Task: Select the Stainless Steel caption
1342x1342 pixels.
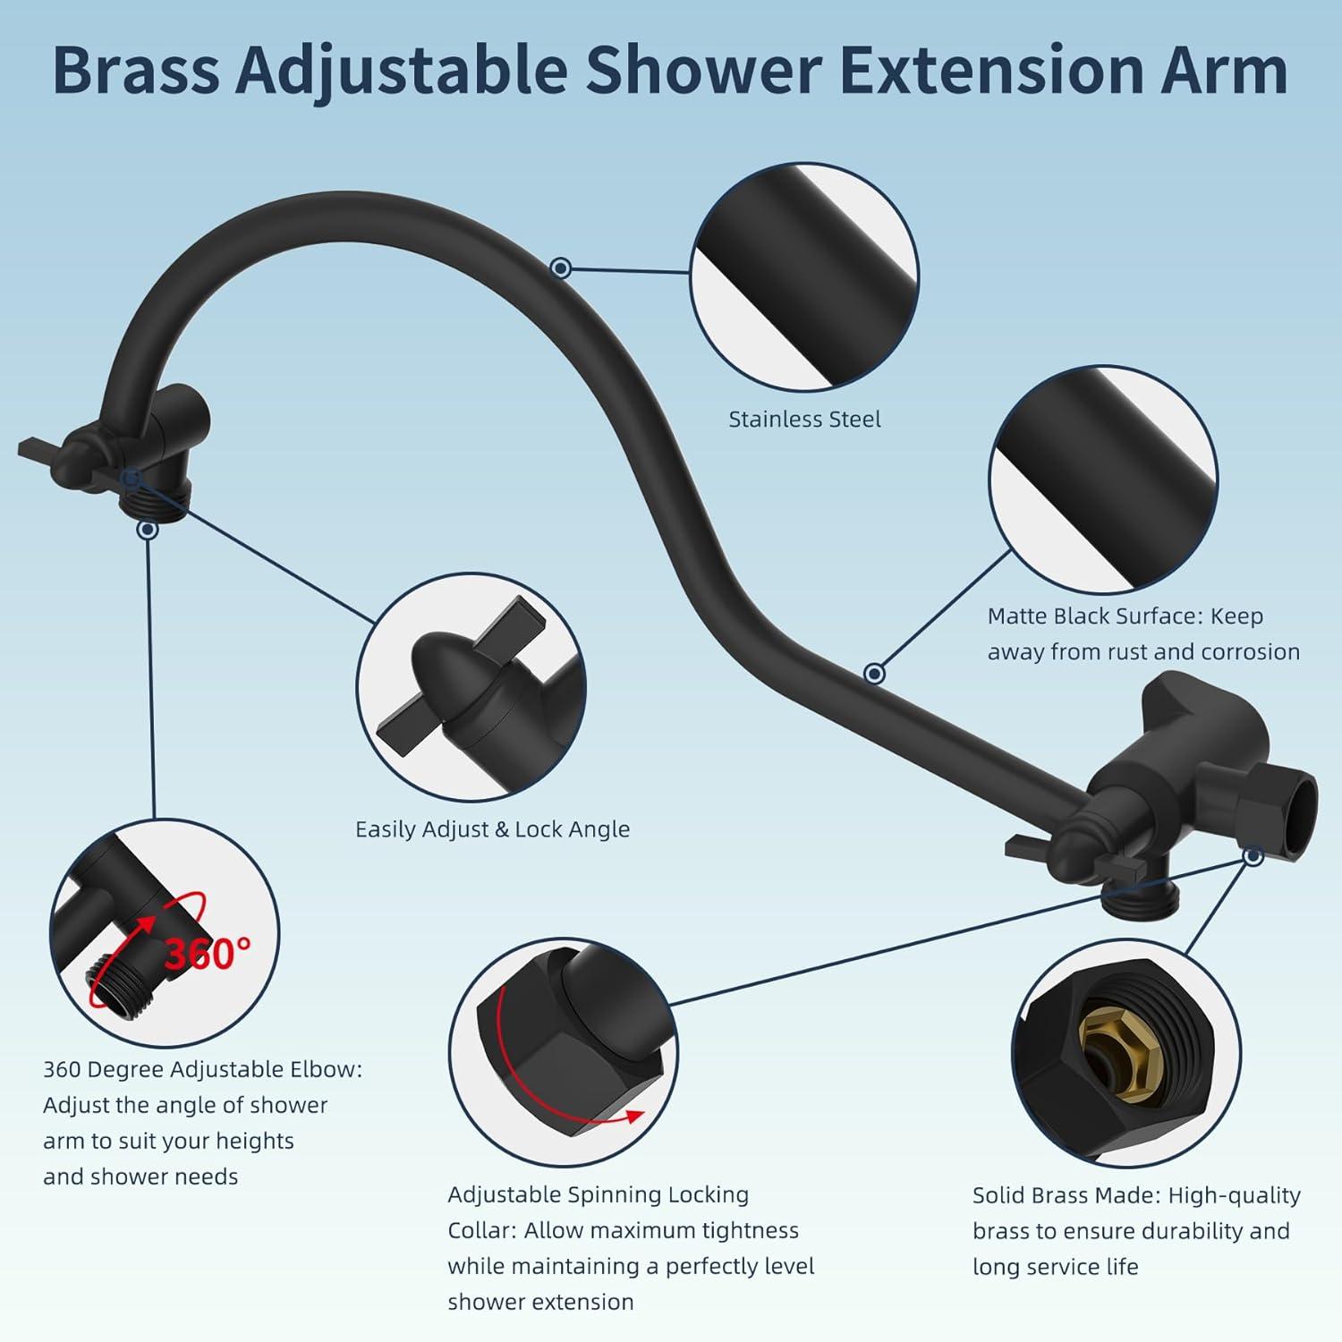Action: pos(804,419)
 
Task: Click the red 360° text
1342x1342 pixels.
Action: pos(208,954)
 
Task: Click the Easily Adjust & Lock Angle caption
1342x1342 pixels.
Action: pos(492,829)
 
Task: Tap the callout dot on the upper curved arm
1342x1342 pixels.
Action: pos(561,267)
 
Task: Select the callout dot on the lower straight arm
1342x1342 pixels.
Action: pos(875,673)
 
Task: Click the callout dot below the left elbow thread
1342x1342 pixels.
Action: pos(149,530)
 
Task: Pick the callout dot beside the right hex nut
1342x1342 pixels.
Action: pos(1253,856)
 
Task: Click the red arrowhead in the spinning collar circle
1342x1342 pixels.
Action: pos(634,1115)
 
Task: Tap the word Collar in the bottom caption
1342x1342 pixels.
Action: pos(480,1230)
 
